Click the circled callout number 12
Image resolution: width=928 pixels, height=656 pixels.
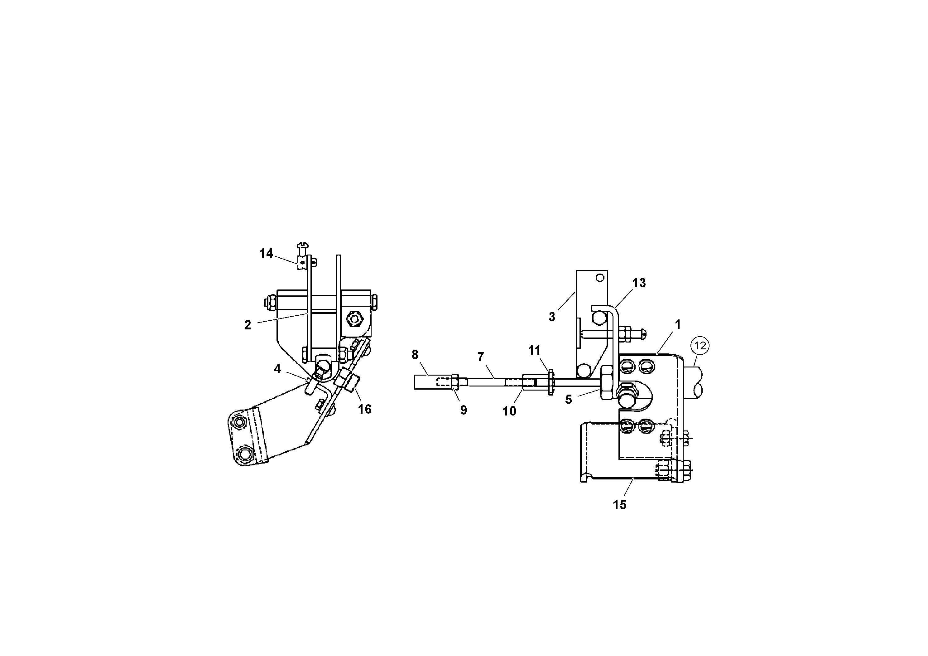tap(700, 346)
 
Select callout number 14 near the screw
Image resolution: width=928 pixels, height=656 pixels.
tap(266, 254)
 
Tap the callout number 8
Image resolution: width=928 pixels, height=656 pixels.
tap(415, 355)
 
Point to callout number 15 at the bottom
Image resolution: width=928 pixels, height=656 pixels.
tap(620, 505)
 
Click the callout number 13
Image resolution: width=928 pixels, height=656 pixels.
tap(639, 283)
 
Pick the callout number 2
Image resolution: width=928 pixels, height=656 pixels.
tap(248, 325)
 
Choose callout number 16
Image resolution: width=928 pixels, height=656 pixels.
tap(365, 409)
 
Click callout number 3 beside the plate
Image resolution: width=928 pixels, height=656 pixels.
tap(552, 317)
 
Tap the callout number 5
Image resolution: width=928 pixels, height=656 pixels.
tap(569, 400)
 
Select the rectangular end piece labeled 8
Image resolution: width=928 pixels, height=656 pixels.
tap(424, 382)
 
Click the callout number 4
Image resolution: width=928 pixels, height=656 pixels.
tap(277, 369)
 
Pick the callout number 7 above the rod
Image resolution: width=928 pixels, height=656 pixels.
tap(481, 357)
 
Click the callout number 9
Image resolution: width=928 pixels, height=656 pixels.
tap(464, 410)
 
